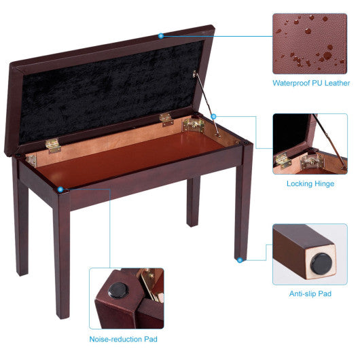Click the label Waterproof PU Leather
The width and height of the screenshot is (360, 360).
pyautogui.click(x=311, y=84)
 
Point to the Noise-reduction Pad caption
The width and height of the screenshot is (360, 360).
pyautogui.click(x=126, y=338)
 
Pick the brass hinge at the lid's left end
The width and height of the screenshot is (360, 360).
pyautogui.click(x=52, y=145)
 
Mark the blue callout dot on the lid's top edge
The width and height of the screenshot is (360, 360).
pyautogui.click(x=161, y=35)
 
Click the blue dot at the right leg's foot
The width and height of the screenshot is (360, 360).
pyautogui.click(x=238, y=258)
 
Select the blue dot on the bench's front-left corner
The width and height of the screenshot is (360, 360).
pyautogui.click(x=61, y=190)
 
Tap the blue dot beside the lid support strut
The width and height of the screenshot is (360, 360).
pyautogui.click(x=213, y=116)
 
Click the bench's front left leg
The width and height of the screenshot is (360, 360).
pyautogui.click(x=62, y=258)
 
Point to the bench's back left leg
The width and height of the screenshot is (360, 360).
pyautogui.click(x=22, y=224)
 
